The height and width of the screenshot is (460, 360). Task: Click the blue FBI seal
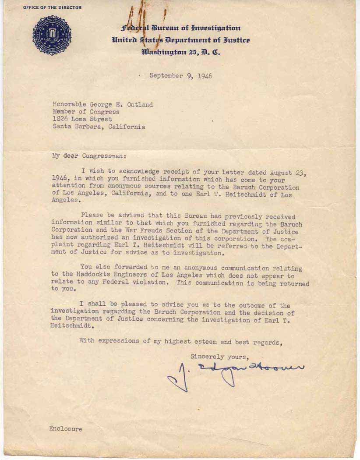(52, 35)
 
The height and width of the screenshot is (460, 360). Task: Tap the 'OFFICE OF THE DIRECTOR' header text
(52, 7)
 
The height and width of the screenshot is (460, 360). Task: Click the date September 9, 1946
(181, 76)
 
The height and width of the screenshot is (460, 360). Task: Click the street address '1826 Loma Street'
(82, 119)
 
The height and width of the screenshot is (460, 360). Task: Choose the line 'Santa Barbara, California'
(99, 127)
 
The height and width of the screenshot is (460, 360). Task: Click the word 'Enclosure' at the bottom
(65, 429)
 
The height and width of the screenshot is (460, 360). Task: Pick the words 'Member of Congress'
(86, 112)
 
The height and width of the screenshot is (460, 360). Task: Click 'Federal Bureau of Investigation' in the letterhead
(181, 28)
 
